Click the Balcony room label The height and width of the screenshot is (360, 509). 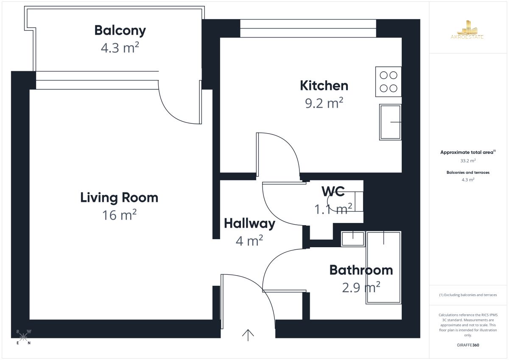coord(120,31)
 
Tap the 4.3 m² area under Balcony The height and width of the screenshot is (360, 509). coord(120,47)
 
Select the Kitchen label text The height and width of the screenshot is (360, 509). coord(324,86)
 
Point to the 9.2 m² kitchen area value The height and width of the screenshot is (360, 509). coord(324,103)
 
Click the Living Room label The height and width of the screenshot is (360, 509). coord(119,198)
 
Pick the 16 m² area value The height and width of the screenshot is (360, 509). coord(119,215)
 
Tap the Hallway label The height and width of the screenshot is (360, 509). coord(249,224)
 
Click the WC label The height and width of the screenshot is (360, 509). coord(333,191)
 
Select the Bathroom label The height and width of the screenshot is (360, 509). coord(361,270)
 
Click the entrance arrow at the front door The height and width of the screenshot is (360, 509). coord(248,335)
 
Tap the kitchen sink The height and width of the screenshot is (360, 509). coord(390,122)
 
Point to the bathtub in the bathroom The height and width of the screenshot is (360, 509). coord(383,268)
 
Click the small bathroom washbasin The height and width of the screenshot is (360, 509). coord(353,239)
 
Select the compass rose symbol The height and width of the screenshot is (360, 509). coord(23,337)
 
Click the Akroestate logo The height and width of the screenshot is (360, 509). coord(467,30)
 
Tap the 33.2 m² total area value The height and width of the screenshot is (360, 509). coord(468,161)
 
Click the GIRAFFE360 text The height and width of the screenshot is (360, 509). coord(468,345)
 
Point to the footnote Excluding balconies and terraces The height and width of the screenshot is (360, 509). coord(468,295)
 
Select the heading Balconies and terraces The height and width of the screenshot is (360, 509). coord(468,173)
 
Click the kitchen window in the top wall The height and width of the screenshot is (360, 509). coord(308,28)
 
